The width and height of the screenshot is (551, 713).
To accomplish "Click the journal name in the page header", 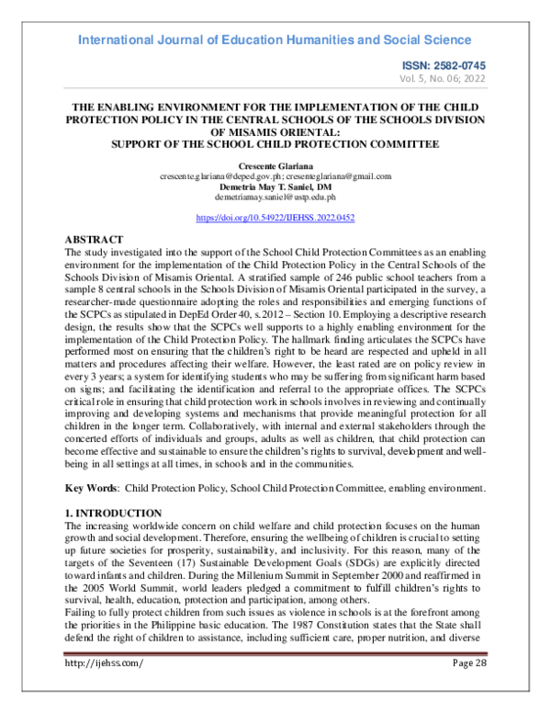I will [x=275, y=40].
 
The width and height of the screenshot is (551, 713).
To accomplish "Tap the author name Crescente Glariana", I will [x=275, y=165].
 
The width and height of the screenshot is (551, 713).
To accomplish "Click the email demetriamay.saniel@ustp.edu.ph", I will [x=275, y=197].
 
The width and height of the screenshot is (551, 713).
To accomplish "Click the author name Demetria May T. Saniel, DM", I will [x=275, y=187].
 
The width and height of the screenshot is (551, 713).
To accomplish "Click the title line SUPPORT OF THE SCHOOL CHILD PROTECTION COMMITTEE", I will [x=275, y=143].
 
